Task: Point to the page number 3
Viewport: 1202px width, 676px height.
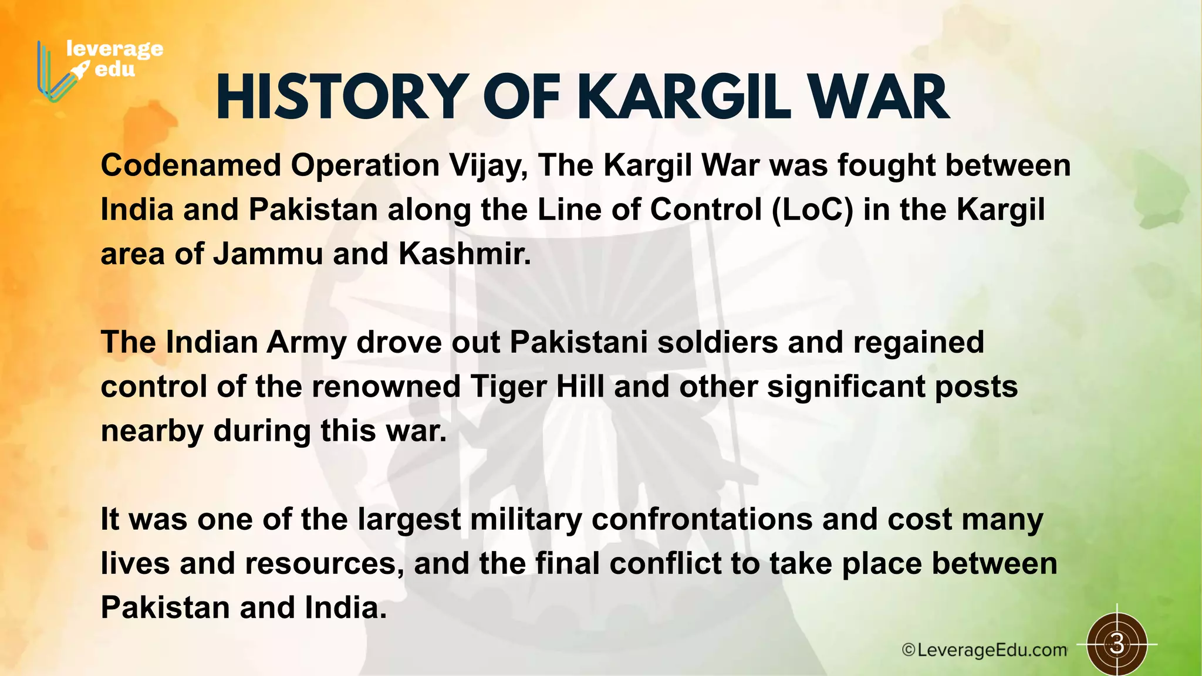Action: [1117, 644]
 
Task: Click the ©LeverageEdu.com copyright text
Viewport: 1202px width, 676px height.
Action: [984, 650]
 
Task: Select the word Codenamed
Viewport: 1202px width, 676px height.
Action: [191, 165]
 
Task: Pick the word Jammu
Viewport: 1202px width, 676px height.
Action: [268, 254]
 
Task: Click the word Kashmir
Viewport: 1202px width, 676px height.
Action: [464, 254]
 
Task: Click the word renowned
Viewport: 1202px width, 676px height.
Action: [386, 387]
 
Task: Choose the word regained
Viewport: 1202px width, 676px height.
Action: [918, 343]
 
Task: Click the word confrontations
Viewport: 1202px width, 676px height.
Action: [701, 519]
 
